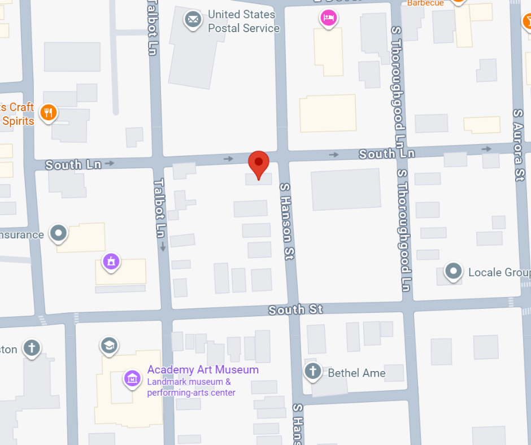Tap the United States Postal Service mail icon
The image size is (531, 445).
pyautogui.click(x=193, y=20)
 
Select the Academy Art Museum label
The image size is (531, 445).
pyautogui.click(x=203, y=370)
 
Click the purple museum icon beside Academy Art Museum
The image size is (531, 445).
pyautogui.click(x=132, y=378)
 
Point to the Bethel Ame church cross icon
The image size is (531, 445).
pyautogui.click(x=312, y=371)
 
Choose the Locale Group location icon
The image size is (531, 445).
pyautogui.click(x=453, y=272)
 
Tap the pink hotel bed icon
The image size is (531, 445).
pyautogui.click(x=329, y=18)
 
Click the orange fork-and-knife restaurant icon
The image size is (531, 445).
pyautogui.click(x=49, y=113)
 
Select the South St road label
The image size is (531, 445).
pyautogui.click(x=295, y=309)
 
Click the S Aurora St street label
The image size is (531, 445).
pyautogui.click(x=518, y=145)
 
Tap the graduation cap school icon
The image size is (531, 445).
pyautogui.click(x=108, y=344)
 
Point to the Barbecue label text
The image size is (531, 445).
pyautogui.click(x=425, y=3)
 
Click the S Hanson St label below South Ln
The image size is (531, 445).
pyautogui.click(x=286, y=220)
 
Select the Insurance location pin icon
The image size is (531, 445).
pyautogui.click(x=58, y=233)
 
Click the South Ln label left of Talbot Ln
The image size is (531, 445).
pyautogui.click(x=73, y=165)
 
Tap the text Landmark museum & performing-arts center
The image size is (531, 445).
pyautogui.click(x=191, y=387)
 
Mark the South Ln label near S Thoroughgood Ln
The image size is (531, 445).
pyautogui.click(x=386, y=154)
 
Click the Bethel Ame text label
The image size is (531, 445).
pyautogui.click(x=356, y=373)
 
